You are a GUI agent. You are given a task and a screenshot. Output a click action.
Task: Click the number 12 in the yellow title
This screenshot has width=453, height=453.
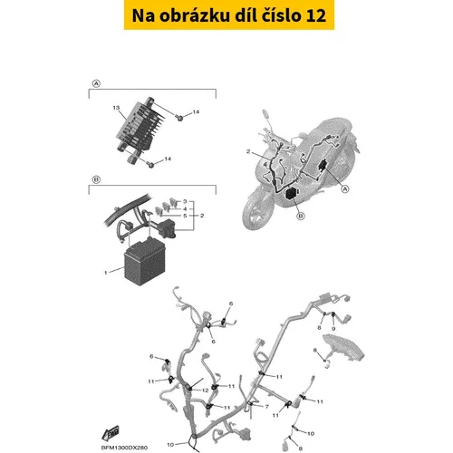coord(316,15)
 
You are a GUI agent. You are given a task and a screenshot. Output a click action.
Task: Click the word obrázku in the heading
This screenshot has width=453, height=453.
coord(194,15)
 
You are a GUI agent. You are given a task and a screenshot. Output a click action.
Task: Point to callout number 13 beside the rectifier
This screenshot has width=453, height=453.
coord(116,108)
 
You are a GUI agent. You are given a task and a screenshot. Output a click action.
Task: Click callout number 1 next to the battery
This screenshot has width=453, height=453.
coord(106,273)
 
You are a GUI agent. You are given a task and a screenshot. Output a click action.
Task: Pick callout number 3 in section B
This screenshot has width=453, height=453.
coord(185,201)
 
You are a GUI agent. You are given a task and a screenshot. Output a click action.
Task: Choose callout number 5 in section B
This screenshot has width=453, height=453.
coord(185,216)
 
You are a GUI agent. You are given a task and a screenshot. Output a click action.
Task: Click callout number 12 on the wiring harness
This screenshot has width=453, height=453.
coord(206,390)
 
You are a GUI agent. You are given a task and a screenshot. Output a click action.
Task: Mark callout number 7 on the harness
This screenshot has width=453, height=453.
coord(266,407)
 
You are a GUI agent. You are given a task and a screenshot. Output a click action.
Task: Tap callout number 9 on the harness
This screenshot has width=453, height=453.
coord(333,329)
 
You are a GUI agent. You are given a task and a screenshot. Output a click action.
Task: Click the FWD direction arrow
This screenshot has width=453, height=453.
coord(111,433)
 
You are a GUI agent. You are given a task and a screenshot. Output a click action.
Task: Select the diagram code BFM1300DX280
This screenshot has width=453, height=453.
coord(124,448)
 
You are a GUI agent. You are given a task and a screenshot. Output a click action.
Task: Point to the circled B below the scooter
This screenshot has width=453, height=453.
coord(301,217)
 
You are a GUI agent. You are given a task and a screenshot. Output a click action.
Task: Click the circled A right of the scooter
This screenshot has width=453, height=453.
coord(345,189)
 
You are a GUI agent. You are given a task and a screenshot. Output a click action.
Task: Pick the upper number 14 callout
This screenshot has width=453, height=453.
coord(196,112)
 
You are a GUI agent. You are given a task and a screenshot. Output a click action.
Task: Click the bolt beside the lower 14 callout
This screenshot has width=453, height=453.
coord(150,164)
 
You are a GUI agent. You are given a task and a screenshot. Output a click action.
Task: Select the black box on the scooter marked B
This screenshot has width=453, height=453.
coord(292,193)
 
